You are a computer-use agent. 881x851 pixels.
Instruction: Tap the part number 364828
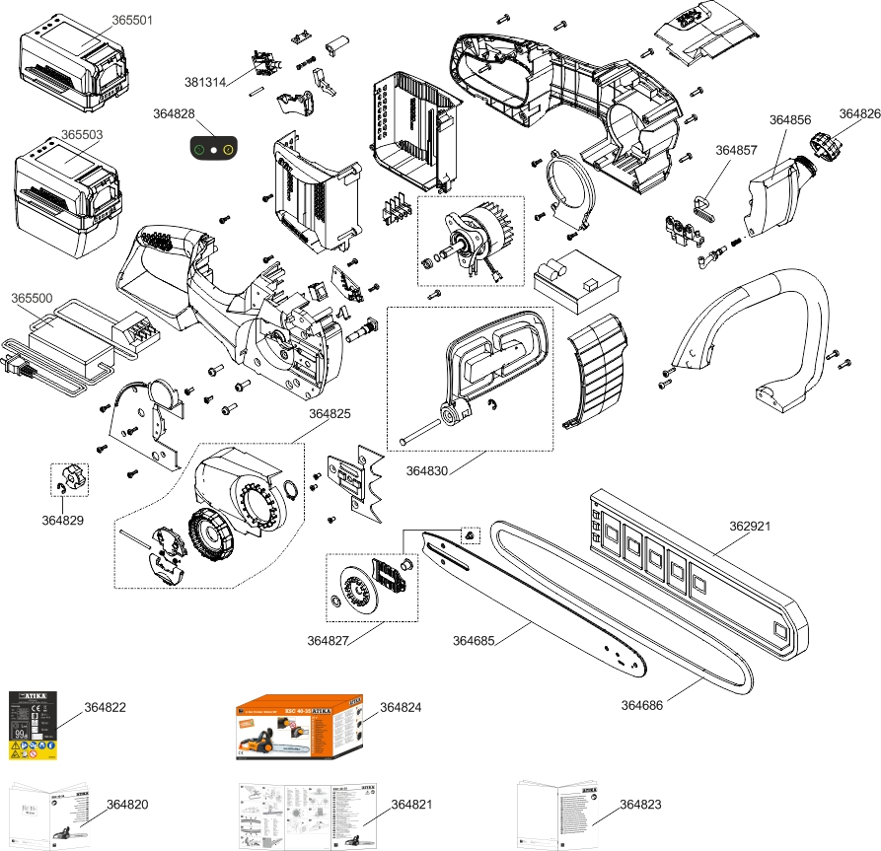tap(174, 113)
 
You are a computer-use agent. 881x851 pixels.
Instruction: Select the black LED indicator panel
tap(212, 151)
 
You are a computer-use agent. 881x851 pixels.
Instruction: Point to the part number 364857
tap(736, 151)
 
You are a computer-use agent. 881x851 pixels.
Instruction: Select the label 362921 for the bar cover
tap(749, 526)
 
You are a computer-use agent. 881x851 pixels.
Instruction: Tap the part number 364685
tap(474, 641)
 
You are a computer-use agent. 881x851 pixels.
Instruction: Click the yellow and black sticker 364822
tap(33, 726)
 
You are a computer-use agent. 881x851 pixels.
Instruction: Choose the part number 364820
tap(127, 805)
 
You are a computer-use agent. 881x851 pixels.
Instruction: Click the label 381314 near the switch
tap(204, 81)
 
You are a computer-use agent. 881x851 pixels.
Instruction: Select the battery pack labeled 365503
tap(64, 192)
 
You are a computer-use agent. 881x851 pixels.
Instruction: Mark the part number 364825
tap(330, 413)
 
